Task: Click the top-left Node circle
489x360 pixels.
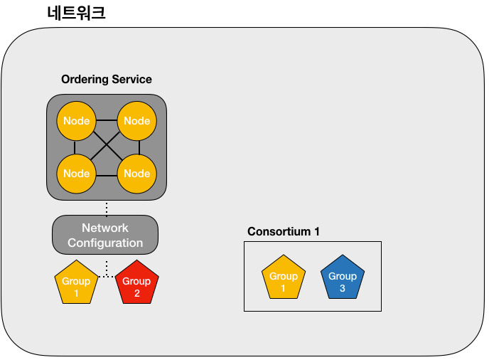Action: (77, 121)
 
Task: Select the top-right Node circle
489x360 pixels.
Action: (137, 121)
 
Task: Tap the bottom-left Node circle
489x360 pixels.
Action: (77, 174)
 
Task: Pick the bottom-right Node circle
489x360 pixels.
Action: (137, 174)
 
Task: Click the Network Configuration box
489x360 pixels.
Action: (105, 235)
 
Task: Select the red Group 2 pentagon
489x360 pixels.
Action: (137, 283)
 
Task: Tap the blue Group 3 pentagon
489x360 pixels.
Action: (343, 278)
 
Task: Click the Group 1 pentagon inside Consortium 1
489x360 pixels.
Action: (284, 278)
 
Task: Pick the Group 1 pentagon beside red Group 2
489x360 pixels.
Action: (76, 283)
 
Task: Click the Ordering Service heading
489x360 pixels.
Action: (107, 79)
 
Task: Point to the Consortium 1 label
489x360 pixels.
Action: (284, 231)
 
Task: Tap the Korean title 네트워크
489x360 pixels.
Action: (77, 13)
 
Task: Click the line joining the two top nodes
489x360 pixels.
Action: (107, 120)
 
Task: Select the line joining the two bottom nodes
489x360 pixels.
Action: (107, 176)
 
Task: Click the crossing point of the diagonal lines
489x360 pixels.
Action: (107, 145)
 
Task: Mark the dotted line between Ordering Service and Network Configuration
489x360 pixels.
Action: (107, 208)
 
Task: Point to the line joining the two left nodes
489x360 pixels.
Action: (75, 147)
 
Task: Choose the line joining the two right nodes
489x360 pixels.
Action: (139, 147)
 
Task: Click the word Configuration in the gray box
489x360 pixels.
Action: (105, 243)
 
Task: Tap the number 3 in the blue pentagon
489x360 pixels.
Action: (343, 288)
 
